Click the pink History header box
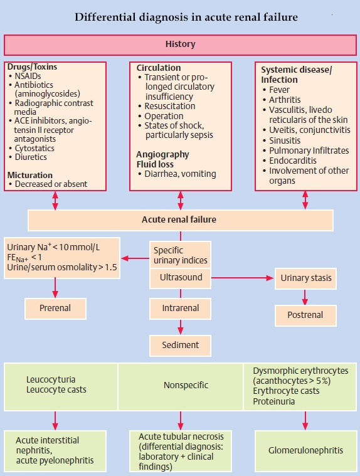(180, 45)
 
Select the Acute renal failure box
(180, 220)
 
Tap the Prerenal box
(55, 308)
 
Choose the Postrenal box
(305, 315)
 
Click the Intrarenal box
(181, 308)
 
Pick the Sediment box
(181, 344)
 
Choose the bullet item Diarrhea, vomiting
(180, 174)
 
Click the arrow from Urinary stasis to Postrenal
(305, 297)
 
